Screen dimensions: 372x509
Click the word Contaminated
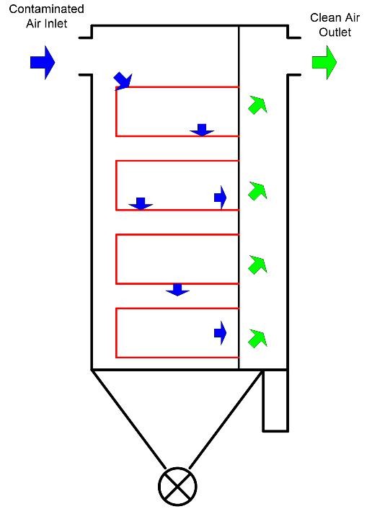pyautogui.click(x=46, y=9)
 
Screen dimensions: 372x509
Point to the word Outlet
pyautogui.click(x=335, y=32)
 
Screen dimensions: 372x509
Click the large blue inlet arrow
pyautogui.click(x=43, y=62)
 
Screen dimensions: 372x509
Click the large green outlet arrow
pyautogui.click(x=324, y=62)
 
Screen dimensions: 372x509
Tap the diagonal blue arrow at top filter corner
pyautogui.click(x=124, y=81)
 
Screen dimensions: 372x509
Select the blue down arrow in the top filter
pyautogui.click(x=202, y=130)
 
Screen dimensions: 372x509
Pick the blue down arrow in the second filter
pyautogui.click(x=141, y=203)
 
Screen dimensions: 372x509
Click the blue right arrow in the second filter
pyautogui.click(x=220, y=198)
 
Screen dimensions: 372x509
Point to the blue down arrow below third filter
pyautogui.click(x=177, y=290)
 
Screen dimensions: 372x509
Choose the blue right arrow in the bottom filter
pyautogui.click(x=220, y=333)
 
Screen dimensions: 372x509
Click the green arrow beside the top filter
pyautogui.click(x=258, y=105)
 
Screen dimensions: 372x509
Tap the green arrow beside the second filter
pyautogui.click(x=258, y=190)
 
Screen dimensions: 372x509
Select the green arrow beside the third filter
pyautogui.click(x=258, y=265)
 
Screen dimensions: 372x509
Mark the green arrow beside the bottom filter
pyautogui.click(x=258, y=338)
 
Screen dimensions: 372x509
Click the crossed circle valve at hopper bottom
pyautogui.click(x=177, y=486)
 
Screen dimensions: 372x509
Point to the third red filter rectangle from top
pyautogui.click(x=116, y=259)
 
